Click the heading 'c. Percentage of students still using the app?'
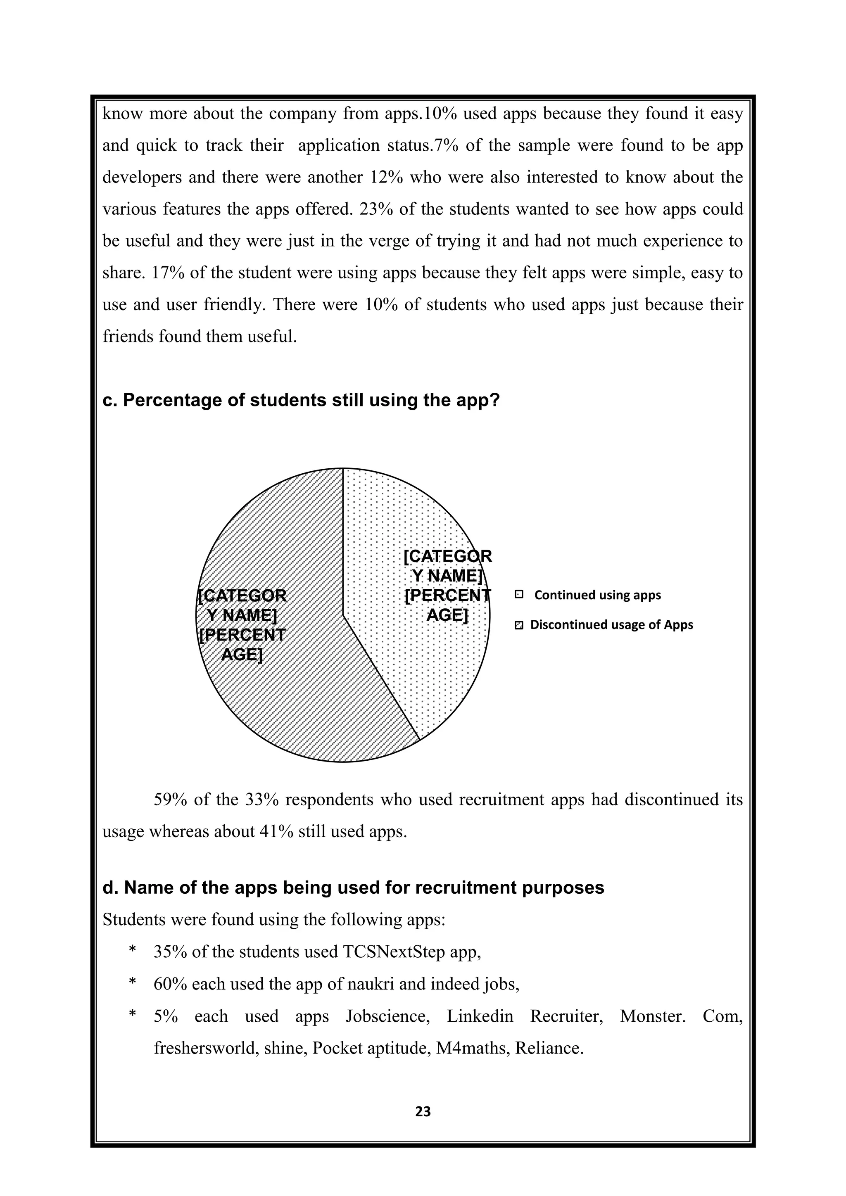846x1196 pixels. [x=301, y=400]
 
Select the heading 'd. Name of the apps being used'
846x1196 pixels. [x=353, y=887]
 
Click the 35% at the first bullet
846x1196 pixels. [x=170, y=952]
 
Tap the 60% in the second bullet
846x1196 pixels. [x=170, y=984]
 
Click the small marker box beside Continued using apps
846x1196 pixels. [x=518, y=594]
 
